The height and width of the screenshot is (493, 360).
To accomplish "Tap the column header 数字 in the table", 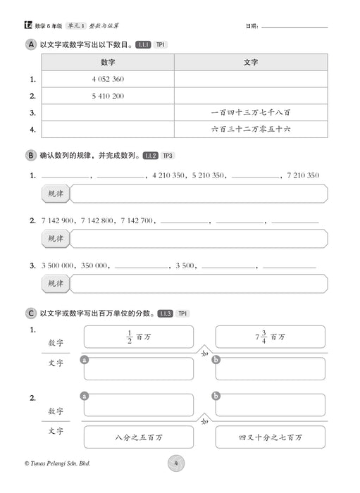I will click(x=108, y=62).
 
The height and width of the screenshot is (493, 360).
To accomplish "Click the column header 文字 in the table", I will click(x=250, y=62).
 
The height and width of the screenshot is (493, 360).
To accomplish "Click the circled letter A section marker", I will click(x=30, y=44).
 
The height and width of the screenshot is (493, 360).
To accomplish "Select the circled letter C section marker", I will click(x=30, y=313).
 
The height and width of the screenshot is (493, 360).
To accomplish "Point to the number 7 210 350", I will click(x=304, y=175).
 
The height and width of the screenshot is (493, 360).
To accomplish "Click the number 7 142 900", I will click(x=56, y=220).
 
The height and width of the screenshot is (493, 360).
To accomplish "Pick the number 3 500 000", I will click(x=56, y=266).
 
